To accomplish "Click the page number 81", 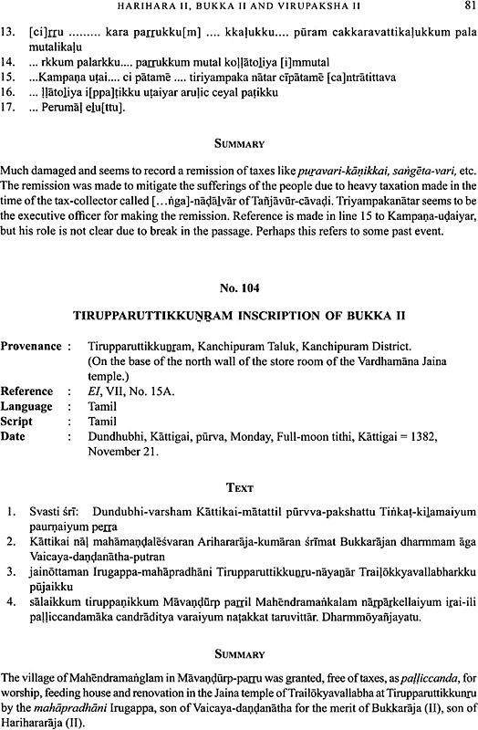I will [465, 9].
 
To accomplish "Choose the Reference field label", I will [29, 390].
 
